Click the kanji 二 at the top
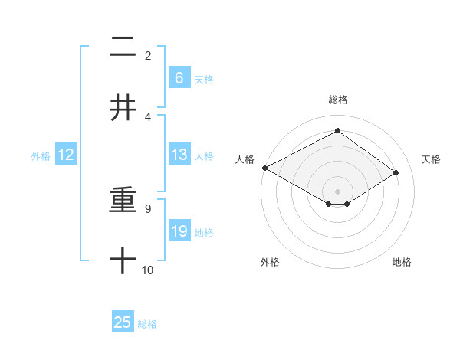tap(123, 47)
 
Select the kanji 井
tap(123, 107)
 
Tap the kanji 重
tap(123, 201)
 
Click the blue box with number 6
tap(179, 78)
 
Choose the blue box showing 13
tap(179, 155)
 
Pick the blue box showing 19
tap(179, 231)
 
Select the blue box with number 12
tap(66, 155)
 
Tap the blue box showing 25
tap(123, 322)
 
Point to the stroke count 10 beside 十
tap(148, 270)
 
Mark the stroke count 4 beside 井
tap(148, 116)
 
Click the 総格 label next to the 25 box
tap(147, 324)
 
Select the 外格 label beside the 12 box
tap(41, 156)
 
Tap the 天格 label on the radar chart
tap(431, 159)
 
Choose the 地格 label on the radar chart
tap(402, 262)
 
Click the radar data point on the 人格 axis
tap(264, 168)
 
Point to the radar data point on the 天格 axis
tap(396, 172)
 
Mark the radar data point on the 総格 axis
tap(337, 130)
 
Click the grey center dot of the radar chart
tap(337, 191)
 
